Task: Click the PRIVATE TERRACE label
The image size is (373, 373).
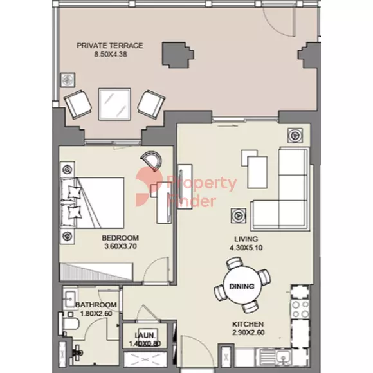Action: tap(110, 46)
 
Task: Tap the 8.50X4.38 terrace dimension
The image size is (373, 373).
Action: tap(111, 54)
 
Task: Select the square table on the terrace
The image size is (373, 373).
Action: tap(114, 104)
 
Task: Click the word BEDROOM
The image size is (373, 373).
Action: tap(120, 238)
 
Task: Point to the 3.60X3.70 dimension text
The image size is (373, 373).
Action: tap(121, 246)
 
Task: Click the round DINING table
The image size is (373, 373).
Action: tap(242, 286)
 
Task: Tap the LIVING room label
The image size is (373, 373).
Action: tap(246, 239)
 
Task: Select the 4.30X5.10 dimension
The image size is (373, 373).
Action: tap(246, 248)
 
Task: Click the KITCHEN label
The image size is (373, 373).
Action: tap(248, 324)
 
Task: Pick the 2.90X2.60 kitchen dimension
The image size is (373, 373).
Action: tap(248, 332)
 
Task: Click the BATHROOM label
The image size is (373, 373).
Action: tap(96, 305)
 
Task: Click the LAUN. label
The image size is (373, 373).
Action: tap(145, 336)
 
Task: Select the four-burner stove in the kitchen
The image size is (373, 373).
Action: tap(300, 309)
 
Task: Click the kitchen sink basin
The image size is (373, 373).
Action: tap(283, 358)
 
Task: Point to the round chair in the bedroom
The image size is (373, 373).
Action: tap(152, 160)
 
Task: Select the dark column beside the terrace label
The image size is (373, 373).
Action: tap(177, 55)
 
